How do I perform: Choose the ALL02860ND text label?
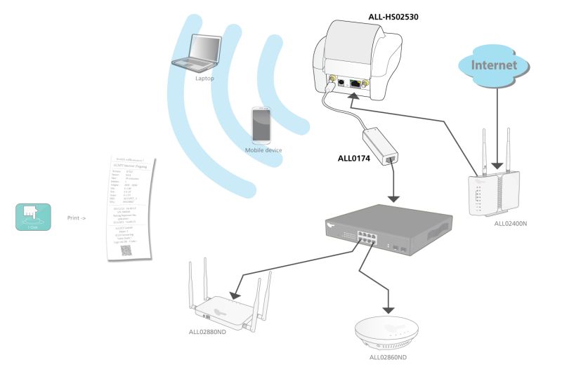(388, 357)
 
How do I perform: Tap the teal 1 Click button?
(32, 217)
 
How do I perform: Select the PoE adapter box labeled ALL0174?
(380, 145)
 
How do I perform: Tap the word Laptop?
(204, 79)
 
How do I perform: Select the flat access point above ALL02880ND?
(227, 307)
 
